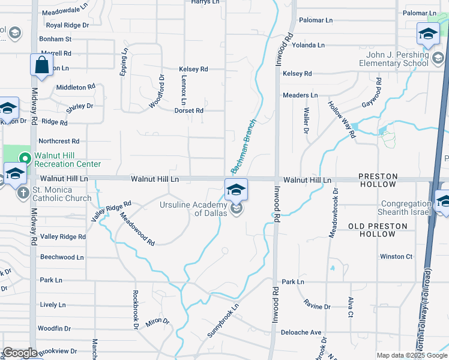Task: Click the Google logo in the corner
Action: (x=20, y=353)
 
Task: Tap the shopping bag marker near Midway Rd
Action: (x=41, y=66)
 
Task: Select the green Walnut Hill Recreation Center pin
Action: (x=25, y=159)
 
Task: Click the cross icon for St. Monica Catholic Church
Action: (x=23, y=193)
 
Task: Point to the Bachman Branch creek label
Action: (x=240, y=148)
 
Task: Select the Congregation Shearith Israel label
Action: (x=406, y=208)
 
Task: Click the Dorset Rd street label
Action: (x=188, y=110)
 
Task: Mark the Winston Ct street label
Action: (x=396, y=257)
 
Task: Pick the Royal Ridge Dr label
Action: (x=67, y=25)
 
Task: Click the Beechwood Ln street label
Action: (x=62, y=257)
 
